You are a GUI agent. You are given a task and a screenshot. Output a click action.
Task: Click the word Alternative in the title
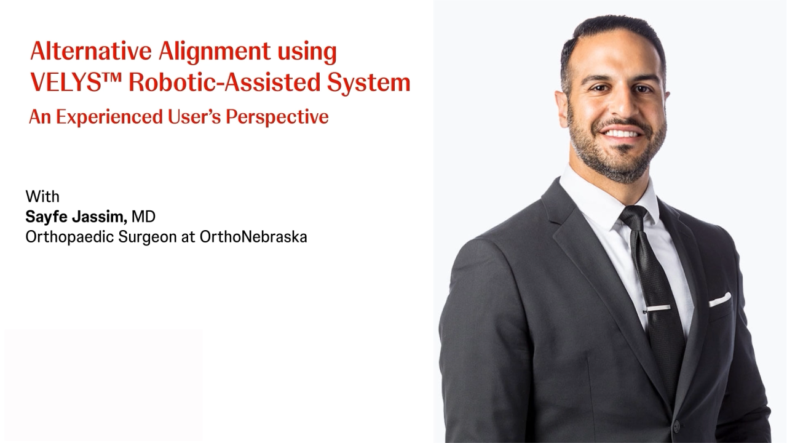pos(91,51)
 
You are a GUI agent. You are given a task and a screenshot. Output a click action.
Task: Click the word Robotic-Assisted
pos(224,82)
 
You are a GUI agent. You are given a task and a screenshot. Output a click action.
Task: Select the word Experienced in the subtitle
pos(109,118)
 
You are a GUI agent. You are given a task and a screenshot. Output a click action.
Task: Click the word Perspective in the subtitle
pos(277,118)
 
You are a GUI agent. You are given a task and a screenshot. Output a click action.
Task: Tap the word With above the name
pos(42,196)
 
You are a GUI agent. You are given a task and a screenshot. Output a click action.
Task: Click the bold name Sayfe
pos(46,217)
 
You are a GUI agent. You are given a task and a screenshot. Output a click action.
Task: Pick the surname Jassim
pos(100,217)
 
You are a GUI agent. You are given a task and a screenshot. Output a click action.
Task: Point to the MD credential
pos(143,217)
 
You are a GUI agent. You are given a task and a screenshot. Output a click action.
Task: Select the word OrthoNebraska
pos(253,237)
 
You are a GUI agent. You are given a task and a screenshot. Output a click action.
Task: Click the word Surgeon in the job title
pos(148,237)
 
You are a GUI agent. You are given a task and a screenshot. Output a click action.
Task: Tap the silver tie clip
pos(657,308)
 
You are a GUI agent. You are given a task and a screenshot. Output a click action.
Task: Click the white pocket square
pos(720,300)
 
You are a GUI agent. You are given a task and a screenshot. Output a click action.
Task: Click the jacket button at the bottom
pos(676,426)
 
